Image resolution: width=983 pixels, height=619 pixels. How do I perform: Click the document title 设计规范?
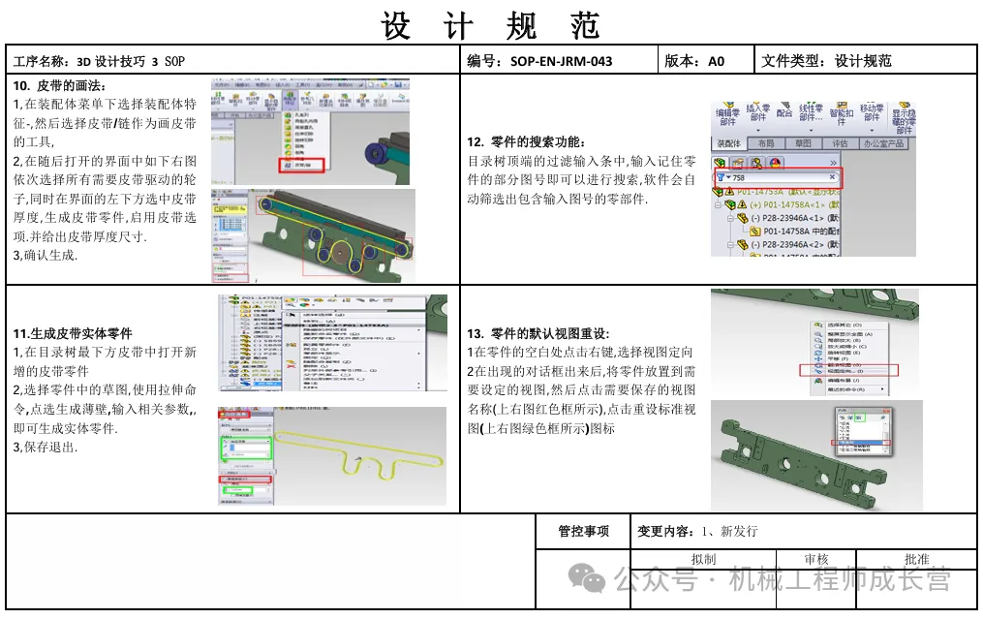tap(491, 25)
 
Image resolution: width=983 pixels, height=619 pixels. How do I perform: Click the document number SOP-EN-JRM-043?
tap(561, 61)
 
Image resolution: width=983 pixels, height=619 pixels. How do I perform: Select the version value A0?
tap(717, 61)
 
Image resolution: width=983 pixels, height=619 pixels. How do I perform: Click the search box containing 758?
tap(779, 177)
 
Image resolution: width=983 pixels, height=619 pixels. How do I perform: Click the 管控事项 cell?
tap(583, 531)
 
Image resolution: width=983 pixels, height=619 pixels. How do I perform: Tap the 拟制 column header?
tap(703, 560)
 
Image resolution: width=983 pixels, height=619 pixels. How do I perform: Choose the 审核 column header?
tap(816, 560)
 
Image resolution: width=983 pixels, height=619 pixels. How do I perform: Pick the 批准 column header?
tap(916, 560)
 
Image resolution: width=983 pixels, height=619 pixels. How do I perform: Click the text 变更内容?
tap(664, 531)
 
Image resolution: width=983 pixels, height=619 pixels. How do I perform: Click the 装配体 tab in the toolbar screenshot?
tap(729, 143)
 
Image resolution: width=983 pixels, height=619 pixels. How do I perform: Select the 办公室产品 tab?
tap(882, 143)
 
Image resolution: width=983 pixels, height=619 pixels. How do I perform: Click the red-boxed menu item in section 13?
tap(849, 370)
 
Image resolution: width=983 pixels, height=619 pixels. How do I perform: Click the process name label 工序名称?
tap(42, 61)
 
